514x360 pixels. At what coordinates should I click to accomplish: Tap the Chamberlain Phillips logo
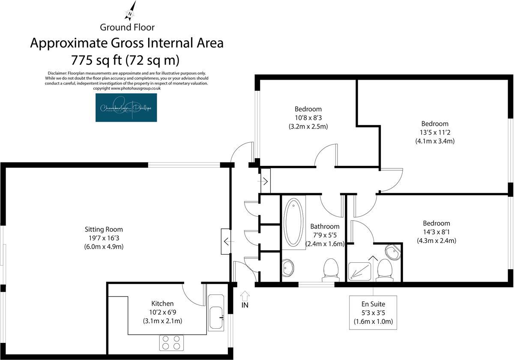pos(126,108)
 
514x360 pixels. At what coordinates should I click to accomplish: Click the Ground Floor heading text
pos(127,27)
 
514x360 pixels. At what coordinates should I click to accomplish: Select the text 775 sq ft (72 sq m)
pos(127,59)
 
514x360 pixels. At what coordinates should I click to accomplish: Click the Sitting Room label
pos(104,229)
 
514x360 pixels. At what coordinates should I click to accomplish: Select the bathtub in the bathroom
pos(293,222)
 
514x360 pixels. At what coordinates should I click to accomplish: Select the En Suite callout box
pos(373,312)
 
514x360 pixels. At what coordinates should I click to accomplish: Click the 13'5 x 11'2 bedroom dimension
pos(434,132)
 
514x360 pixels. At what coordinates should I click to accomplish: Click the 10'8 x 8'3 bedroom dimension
pos(308,117)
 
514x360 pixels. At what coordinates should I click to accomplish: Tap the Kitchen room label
pos(162,303)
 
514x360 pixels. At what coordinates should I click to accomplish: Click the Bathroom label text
pos(325,226)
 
